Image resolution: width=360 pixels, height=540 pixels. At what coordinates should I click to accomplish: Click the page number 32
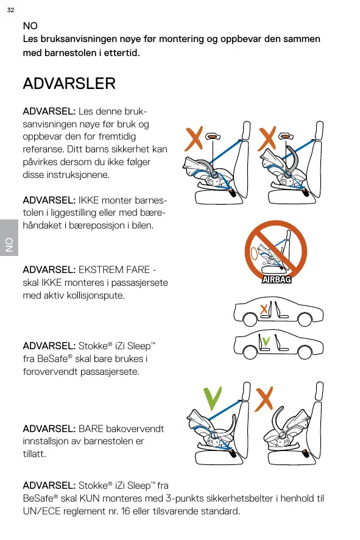coord(11,10)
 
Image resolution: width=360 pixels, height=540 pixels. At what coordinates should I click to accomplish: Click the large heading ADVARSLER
coord(69,83)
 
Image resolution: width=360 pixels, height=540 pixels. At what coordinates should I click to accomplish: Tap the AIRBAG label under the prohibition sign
coord(277,280)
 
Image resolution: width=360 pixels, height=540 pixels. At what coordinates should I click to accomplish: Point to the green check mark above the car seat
coord(213,399)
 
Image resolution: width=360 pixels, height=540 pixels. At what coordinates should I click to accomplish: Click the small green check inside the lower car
coord(266,341)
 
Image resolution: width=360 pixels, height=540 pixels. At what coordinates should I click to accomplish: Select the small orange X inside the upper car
coord(264,309)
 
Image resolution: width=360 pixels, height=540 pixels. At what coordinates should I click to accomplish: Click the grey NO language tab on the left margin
coord(9,238)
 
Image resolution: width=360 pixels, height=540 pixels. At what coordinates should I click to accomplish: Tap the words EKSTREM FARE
coord(114,269)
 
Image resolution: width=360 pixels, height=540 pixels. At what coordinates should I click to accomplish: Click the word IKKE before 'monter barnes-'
coord(89,201)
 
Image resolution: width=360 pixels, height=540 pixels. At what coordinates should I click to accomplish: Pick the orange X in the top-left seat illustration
coord(194,138)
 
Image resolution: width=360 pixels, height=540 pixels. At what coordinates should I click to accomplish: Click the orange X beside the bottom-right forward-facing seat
coord(264,399)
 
